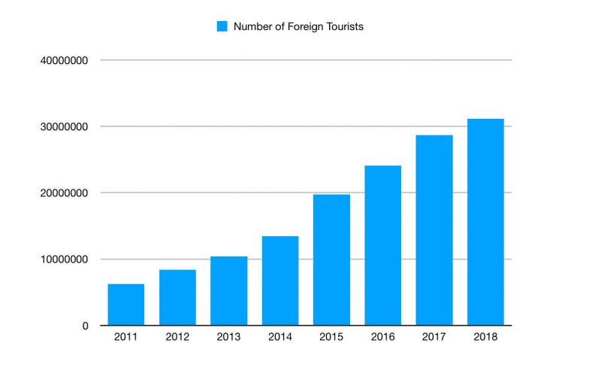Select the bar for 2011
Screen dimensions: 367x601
(126, 305)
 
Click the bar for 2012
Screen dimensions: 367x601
(177, 298)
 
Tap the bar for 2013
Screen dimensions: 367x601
(229, 291)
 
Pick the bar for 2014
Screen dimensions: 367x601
(280, 281)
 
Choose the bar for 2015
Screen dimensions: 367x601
(331, 260)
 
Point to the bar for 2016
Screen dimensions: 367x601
(383, 245)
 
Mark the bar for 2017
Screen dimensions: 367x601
(434, 230)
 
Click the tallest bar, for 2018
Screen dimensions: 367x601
(485, 222)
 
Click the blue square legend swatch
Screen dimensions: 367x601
(222, 26)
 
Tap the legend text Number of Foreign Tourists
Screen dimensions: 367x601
(298, 26)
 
